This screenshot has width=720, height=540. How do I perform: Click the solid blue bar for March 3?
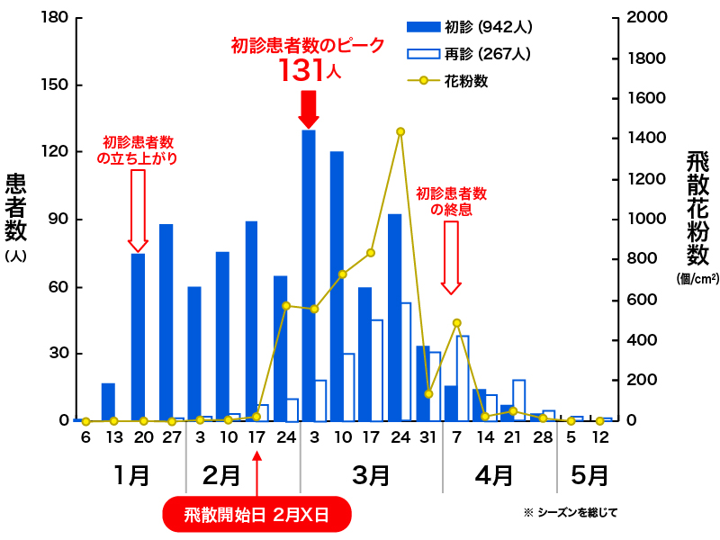pyautogui.click(x=309, y=274)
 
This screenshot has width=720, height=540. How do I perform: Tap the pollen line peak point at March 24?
pyautogui.click(x=400, y=131)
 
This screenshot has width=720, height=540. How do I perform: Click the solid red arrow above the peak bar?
pyautogui.click(x=309, y=109)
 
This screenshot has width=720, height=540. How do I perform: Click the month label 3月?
pyautogui.click(x=370, y=474)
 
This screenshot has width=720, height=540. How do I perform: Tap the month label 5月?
pyautogui.click(x=589, y=474)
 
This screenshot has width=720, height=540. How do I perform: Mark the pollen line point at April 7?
pyautogui.click(x=457, y=322)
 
